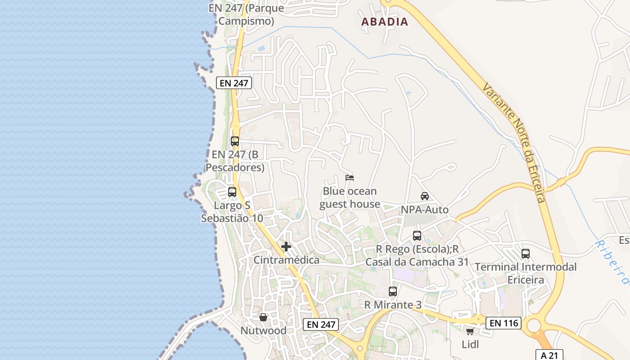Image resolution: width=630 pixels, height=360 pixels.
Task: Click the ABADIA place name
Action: (385, 22)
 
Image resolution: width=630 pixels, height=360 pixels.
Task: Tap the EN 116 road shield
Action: (504, 323)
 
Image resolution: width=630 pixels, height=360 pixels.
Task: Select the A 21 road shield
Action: (549, 355)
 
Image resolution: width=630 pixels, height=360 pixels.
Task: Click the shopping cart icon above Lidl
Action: (470, 332)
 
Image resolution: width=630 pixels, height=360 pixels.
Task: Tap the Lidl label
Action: (470, 344)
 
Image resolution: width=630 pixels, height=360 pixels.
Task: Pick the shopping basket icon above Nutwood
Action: (263, 317)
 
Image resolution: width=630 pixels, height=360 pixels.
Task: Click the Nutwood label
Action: (263, 331)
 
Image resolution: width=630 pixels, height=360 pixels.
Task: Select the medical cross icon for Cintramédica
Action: (286, 247)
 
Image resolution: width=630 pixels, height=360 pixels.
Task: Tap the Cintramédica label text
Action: (286, 260)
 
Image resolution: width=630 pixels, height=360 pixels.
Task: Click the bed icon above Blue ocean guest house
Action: (350, 178)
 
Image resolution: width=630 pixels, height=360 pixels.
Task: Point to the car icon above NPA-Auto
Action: (424, 196)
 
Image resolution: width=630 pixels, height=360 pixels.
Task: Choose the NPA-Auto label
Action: (424, 210)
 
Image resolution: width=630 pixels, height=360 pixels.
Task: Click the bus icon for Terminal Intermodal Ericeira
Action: (526, 253)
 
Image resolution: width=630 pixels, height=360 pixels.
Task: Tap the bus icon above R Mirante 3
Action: (393, 292)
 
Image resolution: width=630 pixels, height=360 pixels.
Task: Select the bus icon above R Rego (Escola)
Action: (417, 236)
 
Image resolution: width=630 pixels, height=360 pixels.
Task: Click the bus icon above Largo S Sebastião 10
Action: (232, 192)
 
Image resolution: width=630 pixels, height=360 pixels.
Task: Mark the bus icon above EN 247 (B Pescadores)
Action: (235, 141)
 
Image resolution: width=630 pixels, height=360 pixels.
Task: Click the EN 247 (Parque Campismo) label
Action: (246, 14)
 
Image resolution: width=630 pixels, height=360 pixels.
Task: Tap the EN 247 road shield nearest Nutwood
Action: (320, 324)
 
